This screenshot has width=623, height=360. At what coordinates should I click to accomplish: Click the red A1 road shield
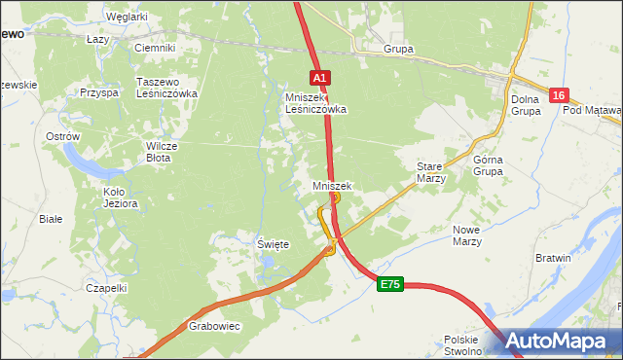(x=321, y=77)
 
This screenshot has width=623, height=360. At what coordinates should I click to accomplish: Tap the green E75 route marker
(x=390, y=283)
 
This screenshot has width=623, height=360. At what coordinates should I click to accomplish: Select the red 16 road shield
(x=558, y=94)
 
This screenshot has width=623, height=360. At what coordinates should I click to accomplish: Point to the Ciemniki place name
(x=154, y=48)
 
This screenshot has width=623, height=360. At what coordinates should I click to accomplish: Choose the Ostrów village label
(x=62, y=137)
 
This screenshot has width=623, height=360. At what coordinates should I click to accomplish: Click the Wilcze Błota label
(x=158, y=151)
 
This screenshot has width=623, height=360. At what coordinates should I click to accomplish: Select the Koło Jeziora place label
(x=121, y=198)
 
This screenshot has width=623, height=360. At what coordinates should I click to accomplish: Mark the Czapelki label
(x=107, y=288)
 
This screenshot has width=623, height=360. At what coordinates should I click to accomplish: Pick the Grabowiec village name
(x=214, y=326)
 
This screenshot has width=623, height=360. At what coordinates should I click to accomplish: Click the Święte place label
(x=273, y=244)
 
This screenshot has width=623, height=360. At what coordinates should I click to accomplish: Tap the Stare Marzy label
(x=430, y=172)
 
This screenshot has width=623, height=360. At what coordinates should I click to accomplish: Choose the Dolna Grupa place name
(x=526, y=104)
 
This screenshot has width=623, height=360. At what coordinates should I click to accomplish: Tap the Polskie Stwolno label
(x=463, y=345)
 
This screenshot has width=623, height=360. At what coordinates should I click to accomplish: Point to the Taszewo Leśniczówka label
(x=168, y=88)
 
